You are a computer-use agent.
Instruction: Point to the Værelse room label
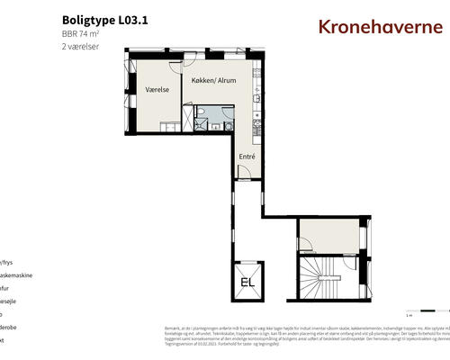tap(158, 90)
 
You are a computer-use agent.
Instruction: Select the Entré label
tap(247, 157)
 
